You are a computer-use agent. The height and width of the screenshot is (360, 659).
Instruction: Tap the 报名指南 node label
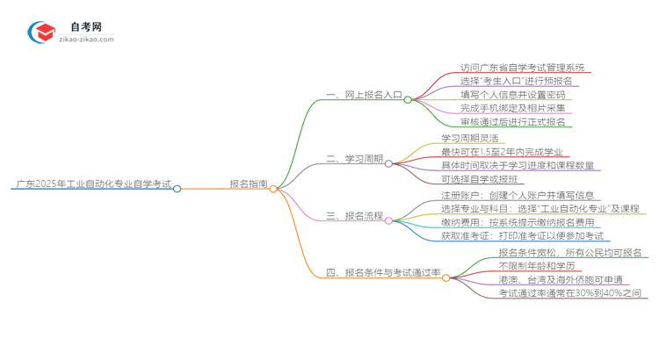click(x=248, y=186)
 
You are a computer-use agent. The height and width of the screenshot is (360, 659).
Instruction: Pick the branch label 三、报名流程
click(x=354, y=215)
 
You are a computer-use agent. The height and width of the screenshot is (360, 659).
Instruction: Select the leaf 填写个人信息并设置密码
click(x=512, y=94)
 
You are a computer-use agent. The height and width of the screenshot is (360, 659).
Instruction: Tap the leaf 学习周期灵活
click(x=469, y=139)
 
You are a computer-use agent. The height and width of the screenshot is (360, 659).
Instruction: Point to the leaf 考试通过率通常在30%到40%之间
click(x=569, y=292)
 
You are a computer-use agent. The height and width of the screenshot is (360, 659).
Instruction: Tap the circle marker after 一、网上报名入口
click(x=408, y=100)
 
